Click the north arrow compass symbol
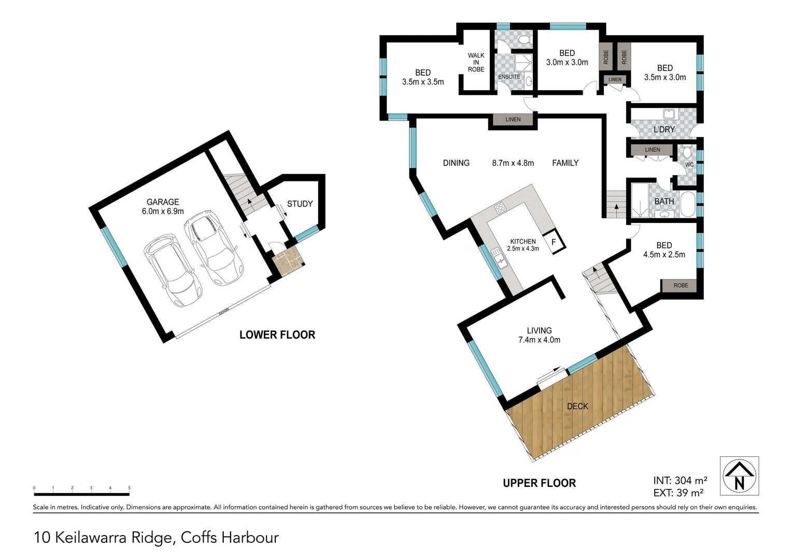[x=739, y=476]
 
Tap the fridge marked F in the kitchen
[x=554, y=242]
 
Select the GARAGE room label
[x=163, y=202]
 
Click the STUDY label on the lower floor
[x=300, y=204]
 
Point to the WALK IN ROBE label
[x=476, y=62]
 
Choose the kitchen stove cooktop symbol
[x=500, y=208]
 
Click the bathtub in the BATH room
[x=687, y=204]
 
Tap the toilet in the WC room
[x=687, y=152]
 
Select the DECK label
[x=577, y=407]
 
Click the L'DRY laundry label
[x=664, y=129]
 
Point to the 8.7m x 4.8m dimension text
[x=513, y=163]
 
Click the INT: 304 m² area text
[x=680, y=481]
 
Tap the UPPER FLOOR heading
[x=539, y=483]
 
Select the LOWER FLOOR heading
[x=277, y=335]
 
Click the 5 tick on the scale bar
[x=129, y=488]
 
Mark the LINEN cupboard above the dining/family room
[x=513, y=120]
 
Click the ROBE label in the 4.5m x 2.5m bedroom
[x=681, y=286]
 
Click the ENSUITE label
[x=509, y=77]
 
